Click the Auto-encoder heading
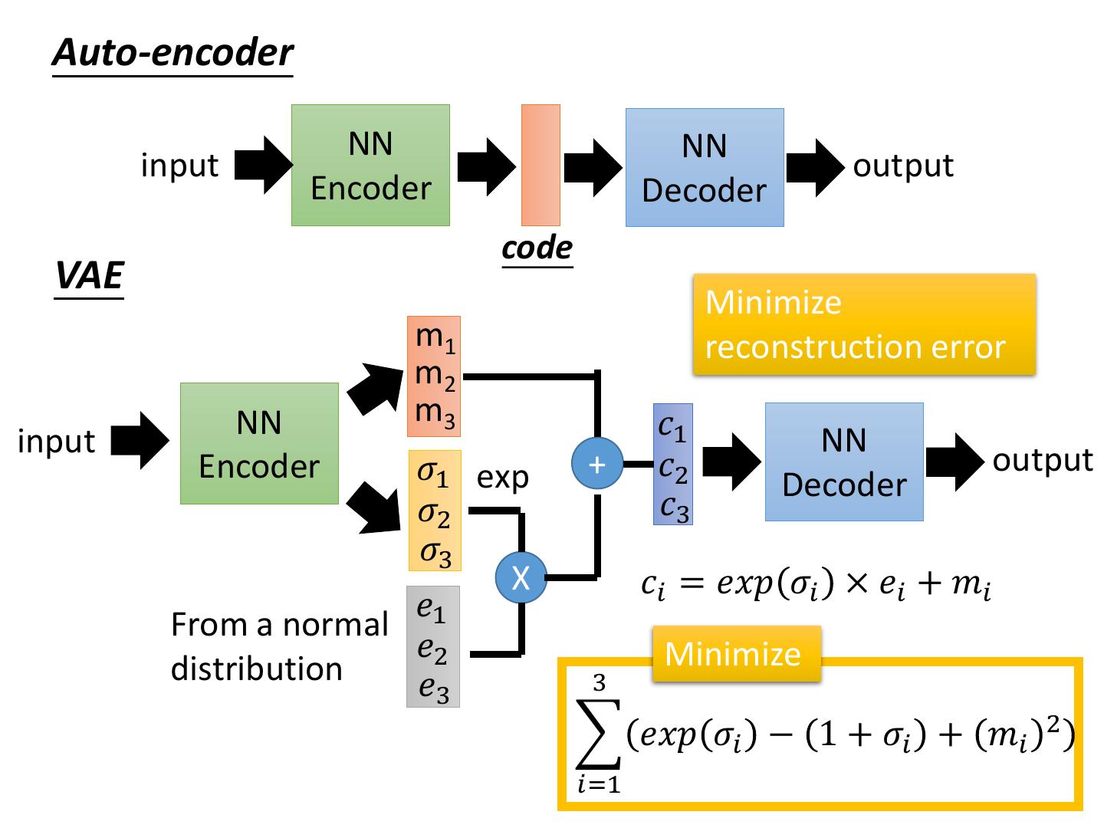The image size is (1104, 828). point(172,53)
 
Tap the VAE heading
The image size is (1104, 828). point(89,274)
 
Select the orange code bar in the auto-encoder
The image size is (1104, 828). point(540,165)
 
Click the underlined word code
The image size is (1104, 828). point(537,248)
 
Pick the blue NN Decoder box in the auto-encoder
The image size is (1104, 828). point(705,167)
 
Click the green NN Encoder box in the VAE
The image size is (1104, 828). point(259,443)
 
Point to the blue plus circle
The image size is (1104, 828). point(596,464)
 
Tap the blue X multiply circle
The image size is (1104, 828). point(521,577)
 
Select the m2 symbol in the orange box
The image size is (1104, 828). point(435,375)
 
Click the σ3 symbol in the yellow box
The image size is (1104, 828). point(435,552)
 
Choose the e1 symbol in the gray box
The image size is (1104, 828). point(431,609)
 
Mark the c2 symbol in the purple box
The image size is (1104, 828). point(673,466)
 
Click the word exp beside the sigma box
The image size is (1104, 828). point(503,477)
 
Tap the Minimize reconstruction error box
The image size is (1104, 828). point(864,324)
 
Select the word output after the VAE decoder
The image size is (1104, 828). point(1043,460)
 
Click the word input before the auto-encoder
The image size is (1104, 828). point(179,166)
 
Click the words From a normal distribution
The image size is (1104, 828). point(279,646)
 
